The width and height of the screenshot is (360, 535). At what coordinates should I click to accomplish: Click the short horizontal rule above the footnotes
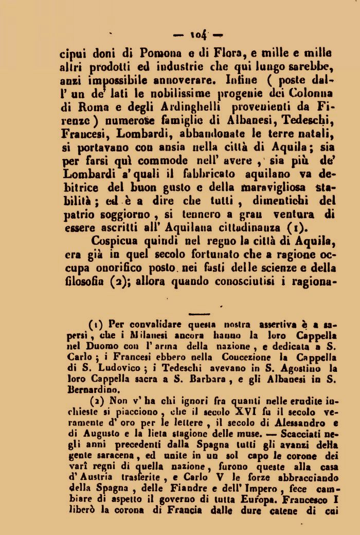tap(200, 313)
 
